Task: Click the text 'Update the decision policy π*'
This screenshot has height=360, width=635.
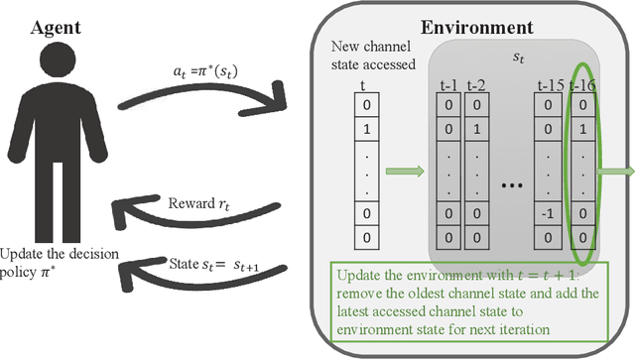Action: [x=60, y=263]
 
